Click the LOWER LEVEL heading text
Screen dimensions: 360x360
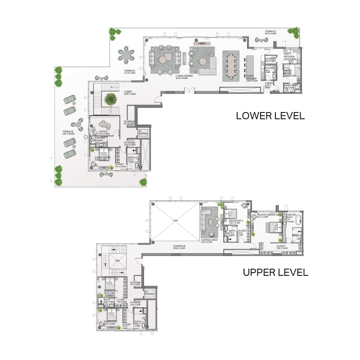[270, 116]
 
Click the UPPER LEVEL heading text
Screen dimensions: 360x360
[275, 272]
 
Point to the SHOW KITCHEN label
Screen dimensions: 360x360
[252, 78]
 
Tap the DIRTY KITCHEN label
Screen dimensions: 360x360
[289, 55]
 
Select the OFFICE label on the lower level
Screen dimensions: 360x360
[103, 131]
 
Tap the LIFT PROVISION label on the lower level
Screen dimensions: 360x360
[143, 133]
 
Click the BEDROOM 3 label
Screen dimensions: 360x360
[236, 221]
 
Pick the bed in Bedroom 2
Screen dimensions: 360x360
[111, 285]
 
